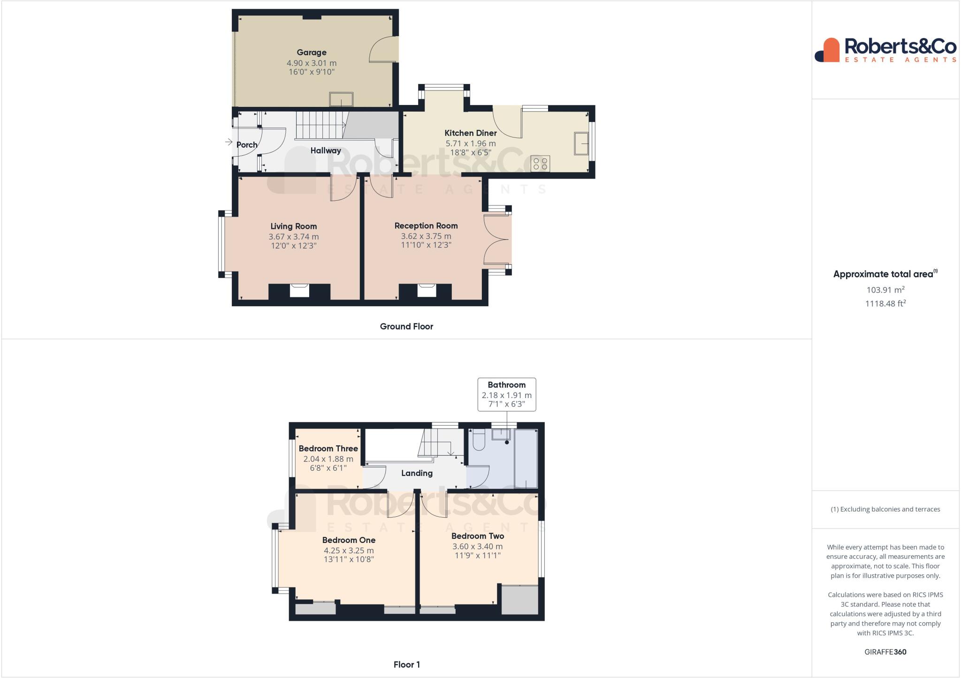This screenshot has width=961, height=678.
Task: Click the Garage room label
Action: (312, 53)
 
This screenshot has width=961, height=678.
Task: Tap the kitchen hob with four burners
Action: (540, 164)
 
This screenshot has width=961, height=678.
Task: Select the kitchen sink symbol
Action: (581, 143)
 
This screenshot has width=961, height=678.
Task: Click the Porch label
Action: (247, 145)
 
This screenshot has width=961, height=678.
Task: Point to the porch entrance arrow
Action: (229, 142)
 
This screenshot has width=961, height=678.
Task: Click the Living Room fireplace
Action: (299, 291)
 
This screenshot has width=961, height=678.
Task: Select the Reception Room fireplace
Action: (426, 291)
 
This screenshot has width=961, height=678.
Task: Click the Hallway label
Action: (326, 151)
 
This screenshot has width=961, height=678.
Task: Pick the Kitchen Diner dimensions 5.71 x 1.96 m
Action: (471, 143)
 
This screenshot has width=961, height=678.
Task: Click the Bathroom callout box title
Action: (507, 385)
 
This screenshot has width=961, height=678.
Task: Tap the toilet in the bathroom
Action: (478, 440)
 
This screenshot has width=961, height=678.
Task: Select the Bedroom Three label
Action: (328, 449)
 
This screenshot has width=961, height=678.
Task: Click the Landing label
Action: (417, 473)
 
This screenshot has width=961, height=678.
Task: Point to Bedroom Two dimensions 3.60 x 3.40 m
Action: (478, 547)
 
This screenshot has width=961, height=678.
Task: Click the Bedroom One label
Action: (349, 540)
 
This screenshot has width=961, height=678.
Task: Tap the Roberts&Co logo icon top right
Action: (827, 50)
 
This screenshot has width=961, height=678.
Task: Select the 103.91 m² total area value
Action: (885, 290)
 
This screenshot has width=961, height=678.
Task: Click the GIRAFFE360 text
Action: (885, 652)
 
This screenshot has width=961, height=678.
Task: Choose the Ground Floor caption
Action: (406, 326)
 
